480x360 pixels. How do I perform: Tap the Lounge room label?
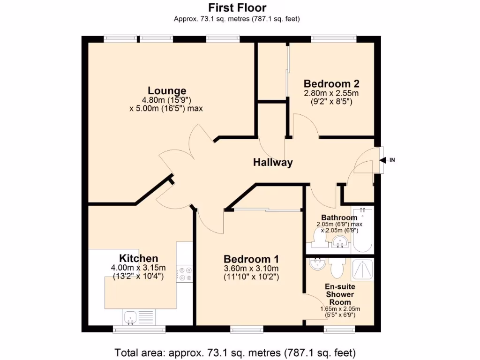pyautogui.click(x=167, y=90)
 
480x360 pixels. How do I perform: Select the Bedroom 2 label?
pyautogui.click(x=331, y=84)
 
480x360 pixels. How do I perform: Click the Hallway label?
pyautogui.click(x=273, y=163)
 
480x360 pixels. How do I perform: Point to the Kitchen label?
pyautogui.click(x=138, y=258)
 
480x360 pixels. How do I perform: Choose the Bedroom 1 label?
pyautogui.click(x=251, y=259)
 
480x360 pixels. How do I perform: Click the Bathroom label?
pyautogui.click(x=339, y=217)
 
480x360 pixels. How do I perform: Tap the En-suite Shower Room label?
pyautogui.click(x=340, y=294)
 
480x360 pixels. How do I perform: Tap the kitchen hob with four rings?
pyautogui.click(x=184, y=273)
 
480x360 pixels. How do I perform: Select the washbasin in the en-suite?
pyautogui.click(x=317, y=264)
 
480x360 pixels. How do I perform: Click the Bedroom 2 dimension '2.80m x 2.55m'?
pyautogui.click(x=331, y=93)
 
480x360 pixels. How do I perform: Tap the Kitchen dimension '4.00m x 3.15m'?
pyautogui.click(x=138, y=268)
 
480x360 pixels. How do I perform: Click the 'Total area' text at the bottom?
pyautogui.click(x=235, y=352)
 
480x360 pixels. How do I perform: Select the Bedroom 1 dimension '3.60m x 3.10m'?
pyautogui.click(x=251, y=268)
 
